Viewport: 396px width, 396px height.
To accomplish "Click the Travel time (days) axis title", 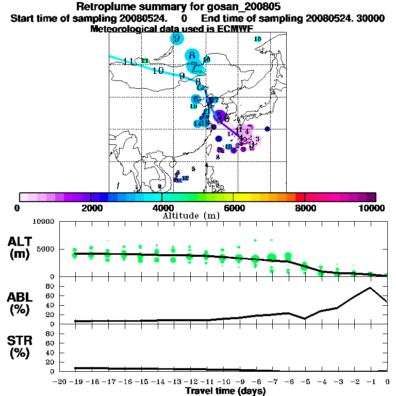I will tap(225, 391).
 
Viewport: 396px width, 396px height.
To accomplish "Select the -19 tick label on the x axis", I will tap(74, 382).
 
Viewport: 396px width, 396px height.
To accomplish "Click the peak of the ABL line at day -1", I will tap(370, 288).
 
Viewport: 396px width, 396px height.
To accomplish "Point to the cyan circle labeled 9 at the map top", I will tap(177, 39).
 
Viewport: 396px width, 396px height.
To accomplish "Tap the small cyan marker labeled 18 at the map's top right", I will tap(258, 39).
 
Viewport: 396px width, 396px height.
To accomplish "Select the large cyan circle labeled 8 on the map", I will tap(192, 55).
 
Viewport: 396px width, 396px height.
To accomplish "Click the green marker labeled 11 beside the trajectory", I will tap(145, 61).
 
